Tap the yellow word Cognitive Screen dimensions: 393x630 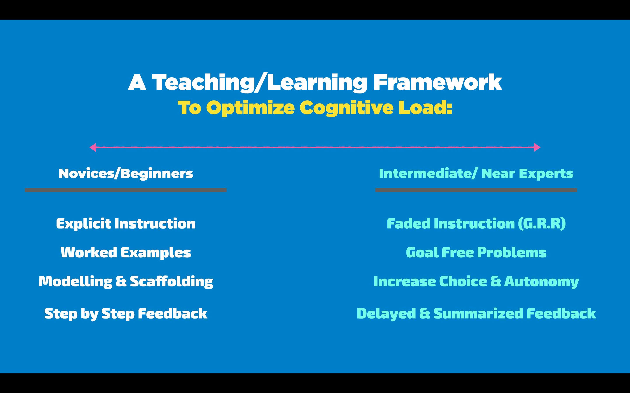pyautogui.click(x=346, y=108)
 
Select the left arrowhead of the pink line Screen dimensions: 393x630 pyautogui.click(x=93, y=147)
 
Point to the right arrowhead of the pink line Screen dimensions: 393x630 pyautogui.click(x=537, y=147)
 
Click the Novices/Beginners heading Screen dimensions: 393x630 pyautogui.click(x=126, y=174)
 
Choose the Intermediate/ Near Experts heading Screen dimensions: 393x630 pyautogui.click(x=476, y=174)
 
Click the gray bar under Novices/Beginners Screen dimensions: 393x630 pyautogui.click(x=126, y=190)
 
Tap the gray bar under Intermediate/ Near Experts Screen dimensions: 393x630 pyautogui.click(x=476, y=190)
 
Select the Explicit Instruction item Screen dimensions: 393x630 pyautogui.click(x=126, y=224)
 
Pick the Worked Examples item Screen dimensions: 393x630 pyautogui.click(x=126, y=253)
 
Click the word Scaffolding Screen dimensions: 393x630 pyautogui.click(x=171, y=281)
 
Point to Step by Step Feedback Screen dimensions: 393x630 pyautogui.click(x=126, y=314)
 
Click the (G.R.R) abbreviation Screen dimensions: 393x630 pyautogui.click(x=542, y=224)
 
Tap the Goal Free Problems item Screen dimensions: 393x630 pyautogui.click(x=476, y=253)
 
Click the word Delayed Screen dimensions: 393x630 pyautogui.click(x=386, y=314)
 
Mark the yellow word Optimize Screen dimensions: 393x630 pyautogui.click(x=250, y=108)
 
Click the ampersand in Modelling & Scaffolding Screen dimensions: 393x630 pyautogui.click(x=121, y=281)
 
